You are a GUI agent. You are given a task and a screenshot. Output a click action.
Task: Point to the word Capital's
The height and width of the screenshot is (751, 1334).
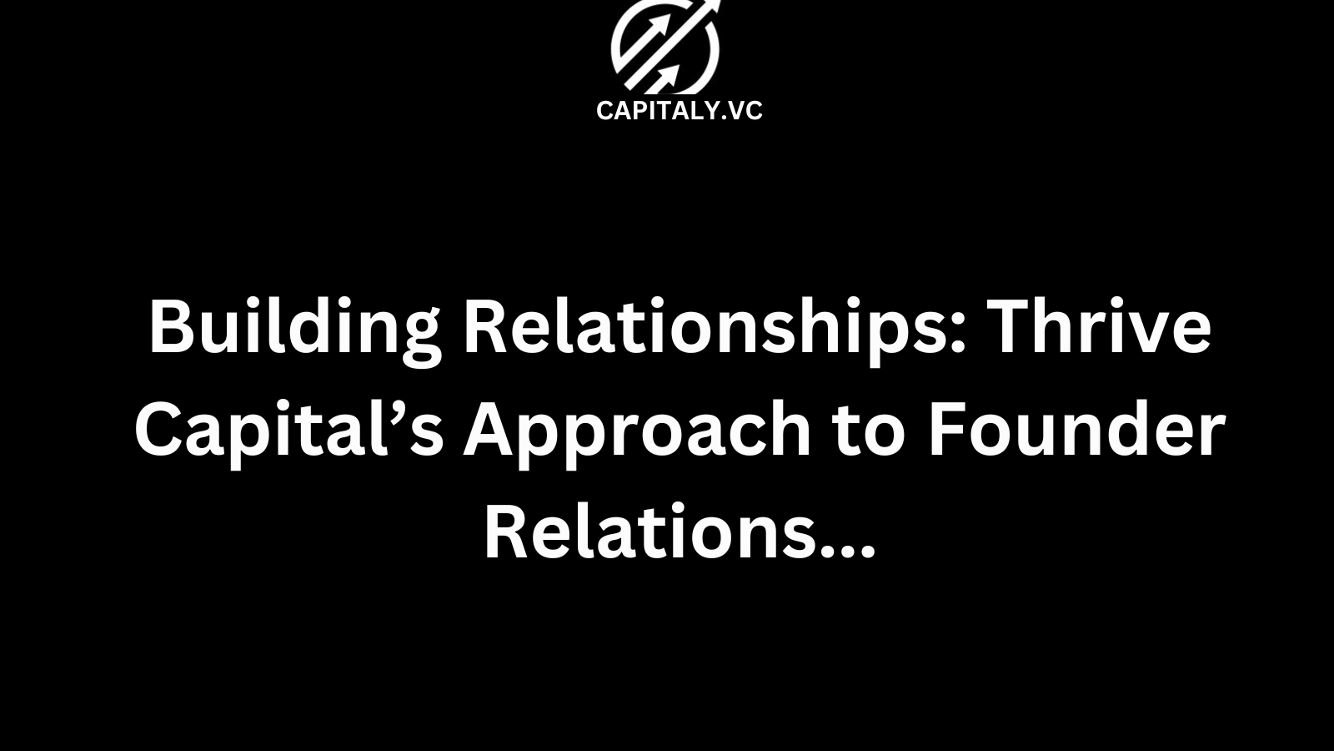288,431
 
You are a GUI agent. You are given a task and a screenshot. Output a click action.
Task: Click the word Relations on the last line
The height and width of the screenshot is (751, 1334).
649,533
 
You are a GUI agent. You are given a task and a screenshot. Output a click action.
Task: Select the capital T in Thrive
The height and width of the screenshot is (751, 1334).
1013,327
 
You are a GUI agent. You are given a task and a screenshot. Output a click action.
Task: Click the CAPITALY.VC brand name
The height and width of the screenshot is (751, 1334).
679,111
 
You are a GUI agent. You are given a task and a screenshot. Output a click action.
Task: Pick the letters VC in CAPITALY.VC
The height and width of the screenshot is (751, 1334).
745,111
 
